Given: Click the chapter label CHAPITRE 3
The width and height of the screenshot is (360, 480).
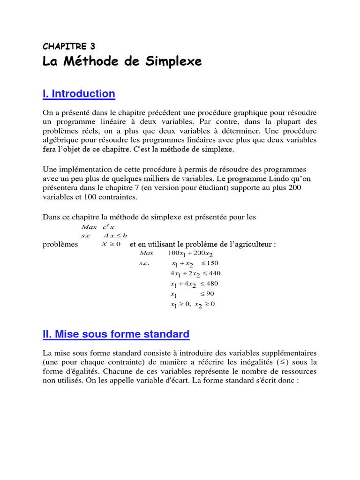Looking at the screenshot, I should click(68, 46).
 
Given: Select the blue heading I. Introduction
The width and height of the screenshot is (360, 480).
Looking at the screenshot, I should click(79, 94).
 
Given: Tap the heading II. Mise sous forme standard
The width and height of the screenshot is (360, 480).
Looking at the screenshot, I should click(116, 334).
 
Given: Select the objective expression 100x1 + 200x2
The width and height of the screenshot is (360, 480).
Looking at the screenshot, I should click(190, 254).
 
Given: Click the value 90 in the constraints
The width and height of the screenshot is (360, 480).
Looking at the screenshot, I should click(210, 294).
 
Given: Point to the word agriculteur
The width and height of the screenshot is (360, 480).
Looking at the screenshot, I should click(253, 244).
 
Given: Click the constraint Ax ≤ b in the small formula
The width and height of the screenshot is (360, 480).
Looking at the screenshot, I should click(115, 235).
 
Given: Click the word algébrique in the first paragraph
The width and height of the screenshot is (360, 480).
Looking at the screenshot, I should click(62, 140).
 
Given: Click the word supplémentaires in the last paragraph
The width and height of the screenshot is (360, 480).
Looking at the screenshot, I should click(287, 352).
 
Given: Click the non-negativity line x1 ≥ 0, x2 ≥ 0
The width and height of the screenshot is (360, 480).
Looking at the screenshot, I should click(192, 304).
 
